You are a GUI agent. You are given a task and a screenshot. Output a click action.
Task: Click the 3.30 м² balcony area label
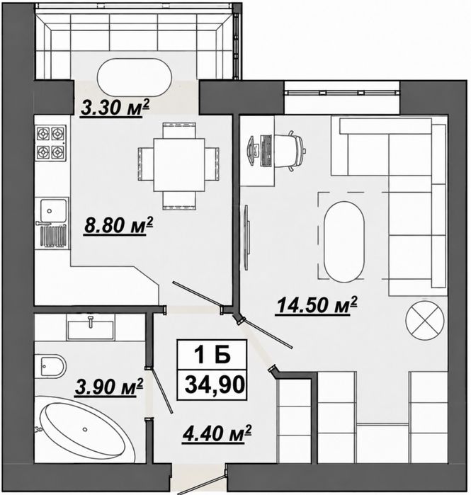point(115,108)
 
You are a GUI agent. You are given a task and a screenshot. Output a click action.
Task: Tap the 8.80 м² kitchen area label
point(118,225)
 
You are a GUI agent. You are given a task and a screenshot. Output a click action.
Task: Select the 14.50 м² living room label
point(317,305)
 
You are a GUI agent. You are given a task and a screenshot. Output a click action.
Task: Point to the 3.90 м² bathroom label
point(109,387)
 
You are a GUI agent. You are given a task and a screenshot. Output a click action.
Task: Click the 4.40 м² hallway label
point(217,433)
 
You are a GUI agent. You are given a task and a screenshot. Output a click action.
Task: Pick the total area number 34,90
point(215,385)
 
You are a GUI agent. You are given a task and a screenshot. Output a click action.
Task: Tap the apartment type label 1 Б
point(212,355)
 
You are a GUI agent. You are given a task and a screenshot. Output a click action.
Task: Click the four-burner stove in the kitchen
point(51,143)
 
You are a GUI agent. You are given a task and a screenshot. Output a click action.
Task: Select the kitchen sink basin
point(51,210)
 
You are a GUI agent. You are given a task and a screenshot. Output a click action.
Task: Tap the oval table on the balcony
point(135,77)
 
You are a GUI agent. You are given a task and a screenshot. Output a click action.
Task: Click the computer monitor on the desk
point(252,151)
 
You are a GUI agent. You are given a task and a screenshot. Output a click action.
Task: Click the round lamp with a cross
point(425,320)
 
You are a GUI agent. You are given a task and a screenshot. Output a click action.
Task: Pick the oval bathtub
point(84,429)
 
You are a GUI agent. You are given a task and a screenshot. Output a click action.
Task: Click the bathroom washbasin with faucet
point(91,329)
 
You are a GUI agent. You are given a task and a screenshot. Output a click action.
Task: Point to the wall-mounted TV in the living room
point(247,237)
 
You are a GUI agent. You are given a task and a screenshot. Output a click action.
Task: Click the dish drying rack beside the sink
point(52,236)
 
